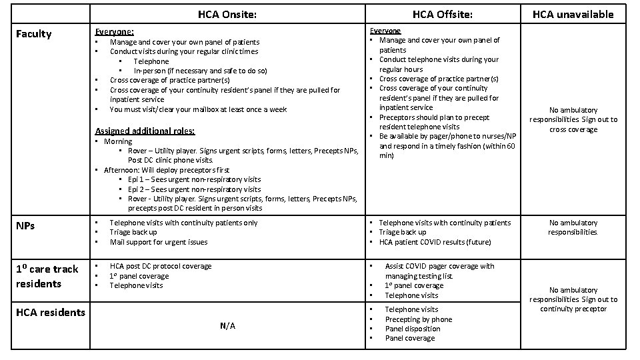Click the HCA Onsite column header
[x=227, y=14]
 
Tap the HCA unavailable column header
[x=573, y=14]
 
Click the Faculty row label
[x=33, y=33]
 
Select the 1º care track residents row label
[x=47, y=276]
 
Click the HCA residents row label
[x=51, y=312]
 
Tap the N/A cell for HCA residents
[x=227, y=326]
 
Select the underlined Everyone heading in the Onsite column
[x=114, y=31]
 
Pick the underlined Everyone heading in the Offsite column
[x=386, y=31]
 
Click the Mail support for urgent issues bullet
[x=159, y=242]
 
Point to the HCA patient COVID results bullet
[x=435, y=242]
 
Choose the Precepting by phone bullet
[x=419, y=319]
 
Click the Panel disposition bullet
[x=413, y=329]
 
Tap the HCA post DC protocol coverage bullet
[x=160, y=266]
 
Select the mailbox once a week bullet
[x=198, y=109]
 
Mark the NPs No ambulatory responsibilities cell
[x=573, y=227]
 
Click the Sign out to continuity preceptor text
[x=573, y=304]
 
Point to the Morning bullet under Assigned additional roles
[x=118, y=141]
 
